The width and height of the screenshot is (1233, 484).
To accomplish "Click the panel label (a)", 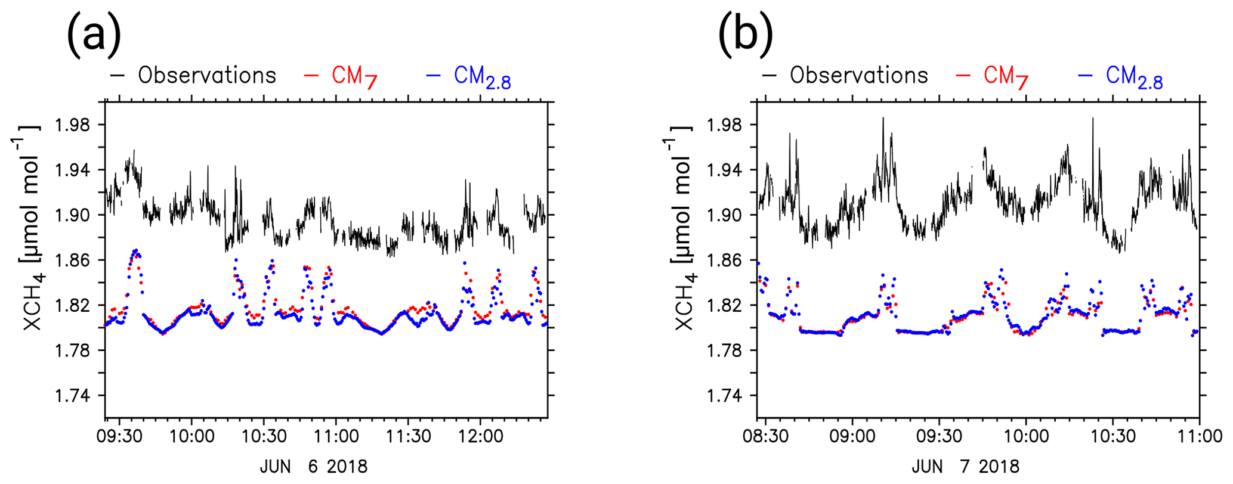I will (x=94, y=35).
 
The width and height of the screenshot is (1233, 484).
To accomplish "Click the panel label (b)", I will (x=746, y=35).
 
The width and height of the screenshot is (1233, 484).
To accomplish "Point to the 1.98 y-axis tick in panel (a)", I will (x=72, y=125).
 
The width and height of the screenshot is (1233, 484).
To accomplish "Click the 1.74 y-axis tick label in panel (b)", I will (x=724, y=396).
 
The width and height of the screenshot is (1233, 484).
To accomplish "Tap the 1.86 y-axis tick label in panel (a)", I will (x=72, y=260).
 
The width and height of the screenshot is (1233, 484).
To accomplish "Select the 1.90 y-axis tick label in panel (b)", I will (x=724, y=215).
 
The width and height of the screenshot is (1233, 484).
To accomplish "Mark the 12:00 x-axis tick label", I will (x=481, y=436).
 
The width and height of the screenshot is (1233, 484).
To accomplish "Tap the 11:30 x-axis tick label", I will (x=408, y=436).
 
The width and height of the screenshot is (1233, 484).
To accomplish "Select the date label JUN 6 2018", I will (x=313, y=466).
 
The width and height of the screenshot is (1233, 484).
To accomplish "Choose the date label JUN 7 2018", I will (x=965, y=466).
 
